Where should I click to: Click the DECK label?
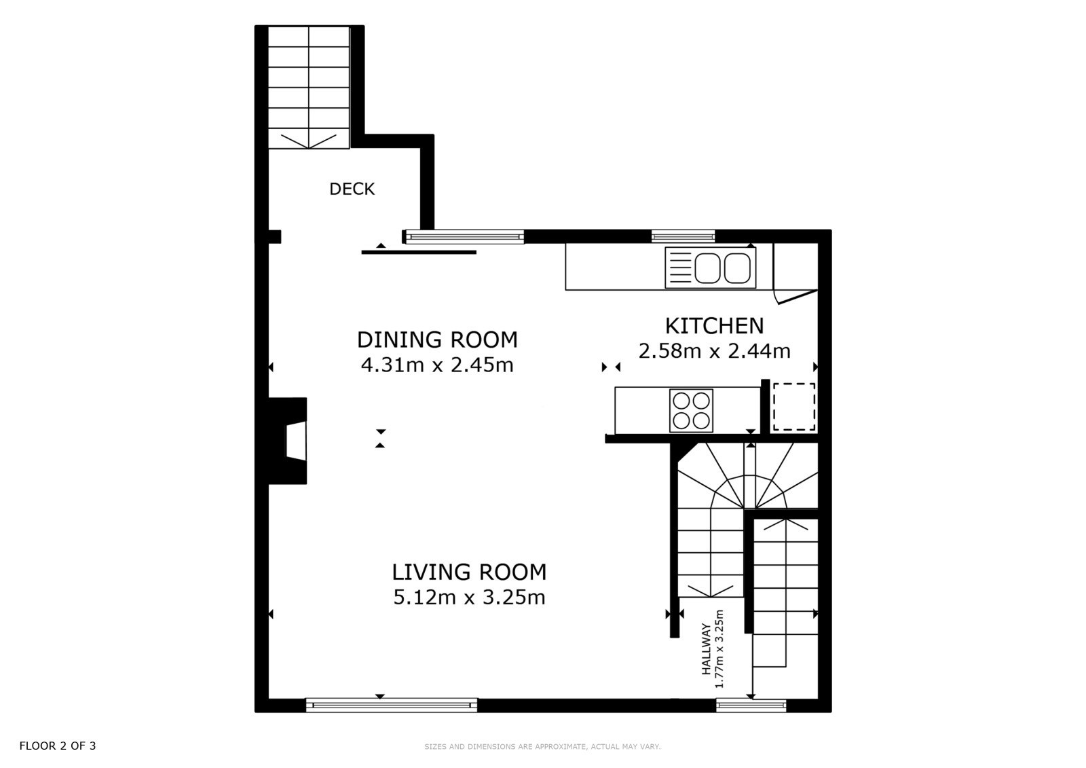tap(352, 189)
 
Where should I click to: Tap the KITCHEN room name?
tap(714, 326)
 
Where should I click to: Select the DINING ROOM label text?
tap(437, 340)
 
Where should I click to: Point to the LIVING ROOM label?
tap(469, 572)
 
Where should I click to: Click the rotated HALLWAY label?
tap(706, 649)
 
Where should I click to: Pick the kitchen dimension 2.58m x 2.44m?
tap(714, 351)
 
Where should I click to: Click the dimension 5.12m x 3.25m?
tap(469, 598)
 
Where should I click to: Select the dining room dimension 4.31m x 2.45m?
tap(437, 365)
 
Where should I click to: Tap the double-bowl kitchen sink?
tap(710, 268)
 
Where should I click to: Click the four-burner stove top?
tap(692, 410)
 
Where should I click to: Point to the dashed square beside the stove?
tap(793, 407)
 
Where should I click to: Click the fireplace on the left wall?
tap(288, 441)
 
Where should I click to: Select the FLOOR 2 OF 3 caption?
tap(58, 746)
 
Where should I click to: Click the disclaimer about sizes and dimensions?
tap(542, 747)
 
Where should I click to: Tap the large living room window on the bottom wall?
tap(391, 705)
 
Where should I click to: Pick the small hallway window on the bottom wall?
tap(751, 705)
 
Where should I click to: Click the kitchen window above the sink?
tap(683, 236)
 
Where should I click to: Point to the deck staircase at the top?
tap(309, 88)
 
